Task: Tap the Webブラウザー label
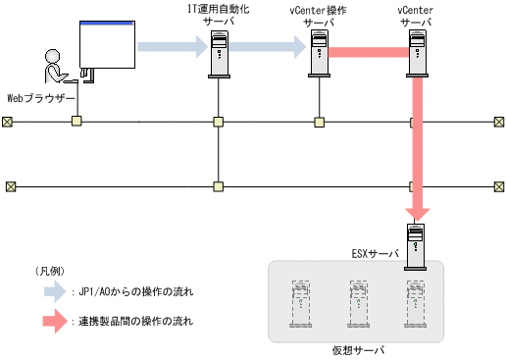40,98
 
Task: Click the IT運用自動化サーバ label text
219,14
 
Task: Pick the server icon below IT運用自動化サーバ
220,54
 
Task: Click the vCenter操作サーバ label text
319,14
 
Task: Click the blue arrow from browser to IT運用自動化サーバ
173,45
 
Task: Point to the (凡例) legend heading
48,271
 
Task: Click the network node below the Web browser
76,122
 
